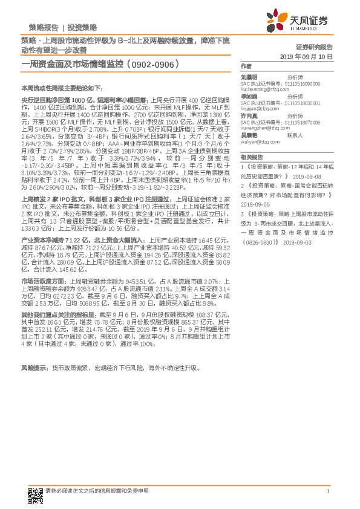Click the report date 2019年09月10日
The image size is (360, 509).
click(x=307, y=56)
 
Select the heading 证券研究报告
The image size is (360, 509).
click(x=315, y=47)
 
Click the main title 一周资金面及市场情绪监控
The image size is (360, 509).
click(x=73, y=63)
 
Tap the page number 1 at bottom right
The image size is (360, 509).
click(x=327, y=491)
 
